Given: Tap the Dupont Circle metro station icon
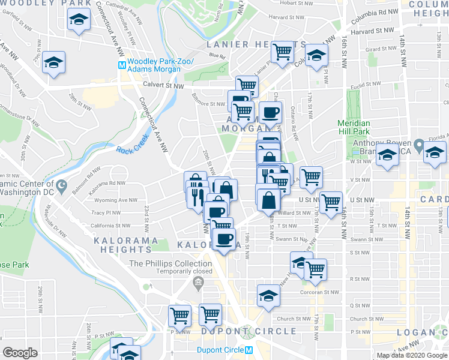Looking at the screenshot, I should (x=249, y=350).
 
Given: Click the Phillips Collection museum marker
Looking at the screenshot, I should (x=197, y=282).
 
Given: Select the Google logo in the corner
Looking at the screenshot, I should (x=20, y=352).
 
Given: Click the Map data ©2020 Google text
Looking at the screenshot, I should (x=412, y=355).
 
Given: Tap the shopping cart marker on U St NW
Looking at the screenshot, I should (x=331, y=202).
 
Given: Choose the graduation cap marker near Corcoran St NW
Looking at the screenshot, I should (x=268, y=295).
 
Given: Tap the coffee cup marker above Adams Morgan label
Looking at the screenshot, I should (x=270, y=112).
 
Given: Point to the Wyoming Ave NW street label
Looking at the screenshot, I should (x=116, y=200).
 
